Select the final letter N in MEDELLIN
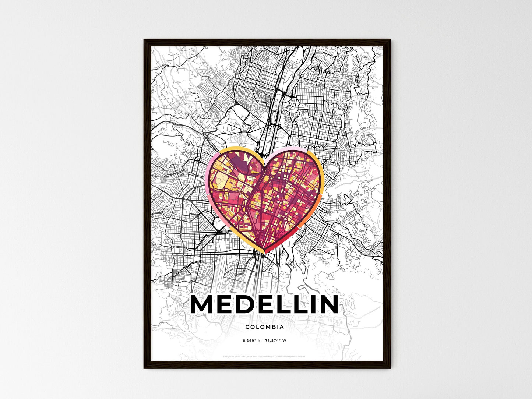pos(325,305)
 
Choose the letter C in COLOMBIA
pos(247,327)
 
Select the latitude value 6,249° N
pos(252,341)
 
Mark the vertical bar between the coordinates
pos(263,341)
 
